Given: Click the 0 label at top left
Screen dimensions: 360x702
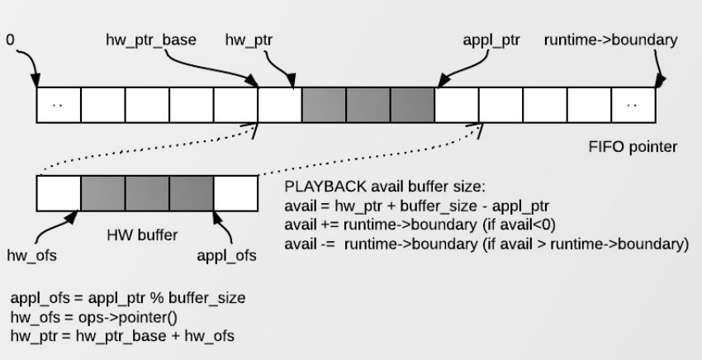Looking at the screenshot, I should [11, 39].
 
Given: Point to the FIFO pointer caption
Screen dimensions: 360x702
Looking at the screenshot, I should [628, 149].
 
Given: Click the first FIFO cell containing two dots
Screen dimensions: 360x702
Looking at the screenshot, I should [59, 106].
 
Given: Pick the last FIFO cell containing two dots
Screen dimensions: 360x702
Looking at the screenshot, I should [633, 106].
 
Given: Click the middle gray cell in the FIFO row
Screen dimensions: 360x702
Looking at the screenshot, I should [368, 106].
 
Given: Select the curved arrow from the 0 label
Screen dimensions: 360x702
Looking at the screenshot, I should [27, 62].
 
